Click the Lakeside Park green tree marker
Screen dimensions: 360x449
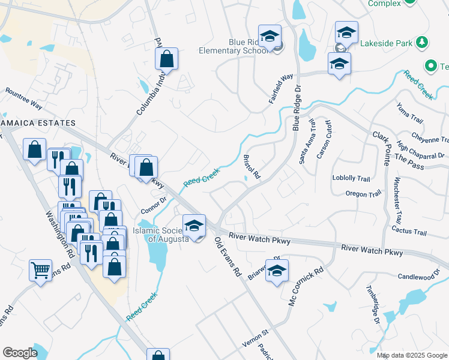click(423, 42)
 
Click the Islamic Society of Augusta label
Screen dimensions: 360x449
click(161, 234)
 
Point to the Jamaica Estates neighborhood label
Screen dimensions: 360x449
click(38, 123)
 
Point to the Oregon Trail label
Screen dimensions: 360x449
click(363, 194)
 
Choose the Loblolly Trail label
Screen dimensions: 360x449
click(351, 178)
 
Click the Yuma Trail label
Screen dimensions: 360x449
click(410, 113)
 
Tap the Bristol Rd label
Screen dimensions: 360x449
click(252, 167)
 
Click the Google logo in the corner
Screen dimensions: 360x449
click(20, 353)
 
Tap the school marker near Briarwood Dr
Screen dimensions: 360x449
click(277, 271)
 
